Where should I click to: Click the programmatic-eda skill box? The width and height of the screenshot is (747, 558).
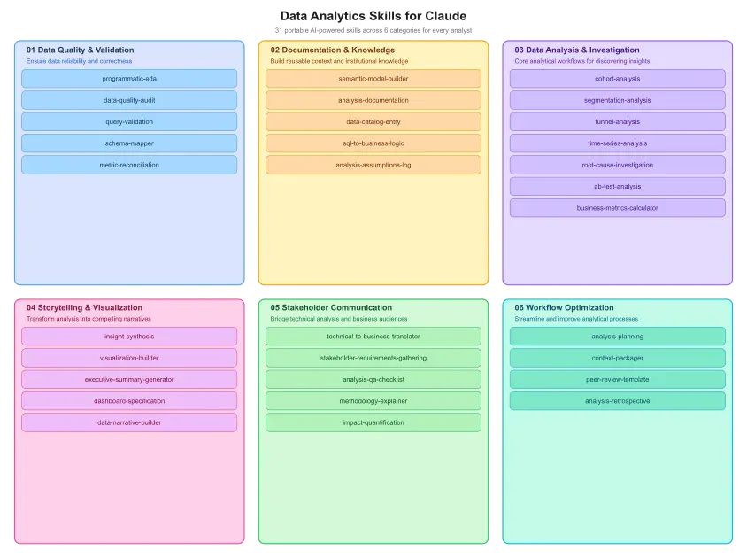point(129,79)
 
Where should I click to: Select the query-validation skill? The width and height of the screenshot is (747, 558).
point(129,121)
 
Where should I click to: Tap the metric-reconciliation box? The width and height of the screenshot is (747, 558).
point(129,165)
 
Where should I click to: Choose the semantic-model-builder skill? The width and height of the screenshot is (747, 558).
point(373,79)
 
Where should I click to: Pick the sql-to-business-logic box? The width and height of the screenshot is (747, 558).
point(373,143)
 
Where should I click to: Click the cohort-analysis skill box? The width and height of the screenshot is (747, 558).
point(618,79)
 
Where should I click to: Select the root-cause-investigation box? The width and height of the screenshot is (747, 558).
point(618,165)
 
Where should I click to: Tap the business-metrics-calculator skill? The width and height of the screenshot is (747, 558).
point(618,208)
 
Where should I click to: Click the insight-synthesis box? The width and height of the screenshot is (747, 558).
point(129,337)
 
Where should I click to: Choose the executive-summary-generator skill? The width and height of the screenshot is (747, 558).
point(129,380)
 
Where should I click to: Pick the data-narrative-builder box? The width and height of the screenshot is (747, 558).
point(129,422)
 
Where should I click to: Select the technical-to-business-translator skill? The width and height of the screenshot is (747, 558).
point(373,337)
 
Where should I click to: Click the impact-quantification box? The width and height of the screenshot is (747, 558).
point(373,422)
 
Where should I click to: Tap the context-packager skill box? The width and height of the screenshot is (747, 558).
point(618,358)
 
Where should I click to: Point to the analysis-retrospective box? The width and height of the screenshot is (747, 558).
point(618,401)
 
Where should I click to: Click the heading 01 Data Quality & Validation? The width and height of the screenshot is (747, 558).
point(80,50)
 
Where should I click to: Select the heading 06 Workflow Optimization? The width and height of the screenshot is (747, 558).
point(564,307)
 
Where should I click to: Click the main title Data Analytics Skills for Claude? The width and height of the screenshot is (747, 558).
point(373,16)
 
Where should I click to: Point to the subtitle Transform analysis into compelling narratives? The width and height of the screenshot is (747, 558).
point(89,319)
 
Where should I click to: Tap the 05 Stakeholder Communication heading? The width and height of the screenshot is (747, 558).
point(331,307)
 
